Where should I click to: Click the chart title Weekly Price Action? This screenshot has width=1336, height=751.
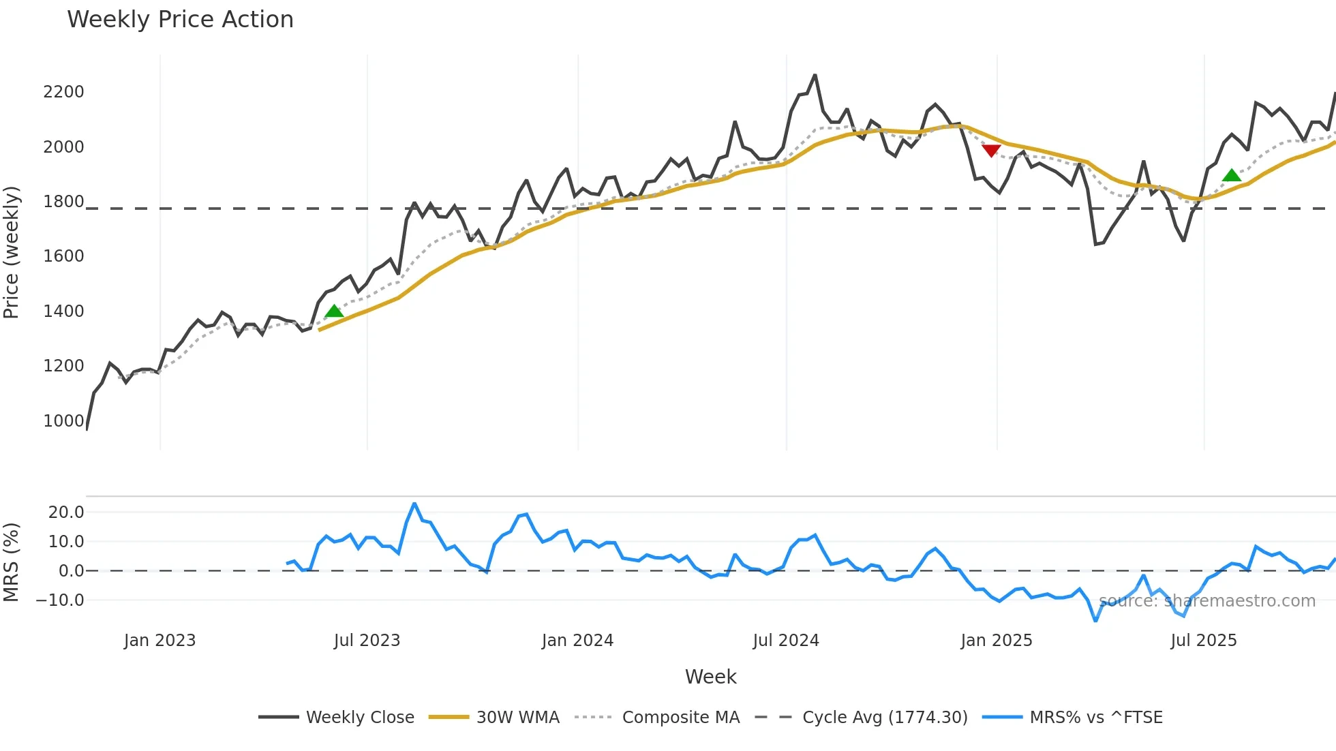coord(180,20)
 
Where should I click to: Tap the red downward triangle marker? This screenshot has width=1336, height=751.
coord(991,151)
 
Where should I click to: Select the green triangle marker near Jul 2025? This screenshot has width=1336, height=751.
coord(1232,176)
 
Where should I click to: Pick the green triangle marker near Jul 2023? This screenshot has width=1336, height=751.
coord(334,311)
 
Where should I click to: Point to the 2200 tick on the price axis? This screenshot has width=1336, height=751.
coord(63,92)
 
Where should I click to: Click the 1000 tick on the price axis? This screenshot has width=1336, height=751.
coord(63,421)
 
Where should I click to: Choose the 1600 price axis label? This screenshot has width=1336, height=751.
coord(63,256)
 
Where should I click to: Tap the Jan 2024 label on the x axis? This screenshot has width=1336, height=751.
coord(577,641)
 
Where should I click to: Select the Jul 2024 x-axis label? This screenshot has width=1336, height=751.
coord(786,641)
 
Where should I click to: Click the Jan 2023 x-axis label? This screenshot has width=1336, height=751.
coord(160,641)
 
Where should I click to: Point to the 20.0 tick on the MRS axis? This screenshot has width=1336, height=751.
coord(66,512)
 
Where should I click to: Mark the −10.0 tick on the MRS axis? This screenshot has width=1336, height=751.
coord(60,600)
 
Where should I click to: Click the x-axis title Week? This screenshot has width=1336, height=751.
coord(710,677)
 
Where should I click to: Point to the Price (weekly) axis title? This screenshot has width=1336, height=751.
coord(12,252)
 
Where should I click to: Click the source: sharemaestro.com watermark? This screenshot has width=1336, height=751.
coord(1206,601)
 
